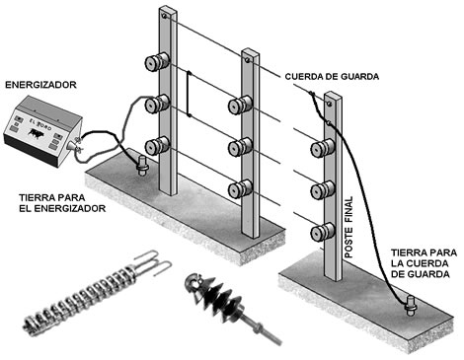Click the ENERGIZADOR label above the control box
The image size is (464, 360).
click(40, 85)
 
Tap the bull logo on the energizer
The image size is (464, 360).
click(36, 133)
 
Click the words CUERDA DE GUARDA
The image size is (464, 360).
click(332, 77)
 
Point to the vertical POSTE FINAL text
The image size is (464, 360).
click(348, 227)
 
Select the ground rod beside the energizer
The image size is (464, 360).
click(143, 166)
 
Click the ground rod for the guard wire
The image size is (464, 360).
click(411, 306)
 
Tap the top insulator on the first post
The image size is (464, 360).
click(157, 61)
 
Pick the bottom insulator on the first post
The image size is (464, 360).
click(157, 145)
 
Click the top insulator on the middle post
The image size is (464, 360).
click(240, 105)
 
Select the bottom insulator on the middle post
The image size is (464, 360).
click(240, 188)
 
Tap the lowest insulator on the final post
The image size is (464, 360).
click(323, 231)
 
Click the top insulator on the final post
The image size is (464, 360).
click(323, 148)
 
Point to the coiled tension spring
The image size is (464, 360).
click(82, 299)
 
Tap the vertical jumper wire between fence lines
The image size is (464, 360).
click(189, 94)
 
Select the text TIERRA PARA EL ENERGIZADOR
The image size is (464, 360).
click(62, 203)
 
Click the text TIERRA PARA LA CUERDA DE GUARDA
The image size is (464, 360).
click(424, 263)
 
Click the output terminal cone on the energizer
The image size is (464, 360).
click(72, 145)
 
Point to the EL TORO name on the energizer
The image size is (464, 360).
click(40, 123)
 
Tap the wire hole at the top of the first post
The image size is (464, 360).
click(164, 16)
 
